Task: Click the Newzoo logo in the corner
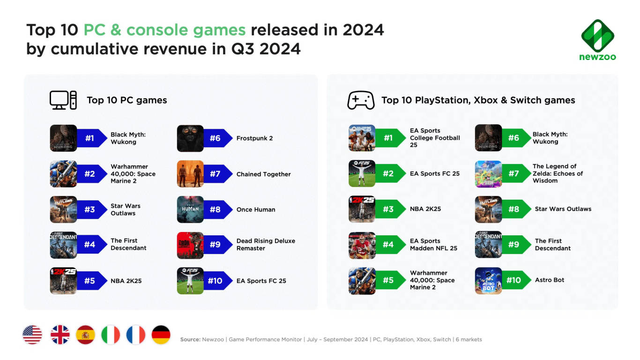(x=597, y=40)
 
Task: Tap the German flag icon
(x=161, y=335)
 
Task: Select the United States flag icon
(x=32, y=335)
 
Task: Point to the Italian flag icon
(x=111, y=335)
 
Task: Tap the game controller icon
(x=360, y=100)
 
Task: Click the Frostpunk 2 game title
(x=254, y=138)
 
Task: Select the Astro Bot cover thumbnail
(x=488, y=281)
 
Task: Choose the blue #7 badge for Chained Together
(x=216, y=174)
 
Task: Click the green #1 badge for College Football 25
(x=390, y=138)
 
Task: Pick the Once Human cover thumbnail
(x=190, y=210)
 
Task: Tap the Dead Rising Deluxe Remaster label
(x=266, y=244)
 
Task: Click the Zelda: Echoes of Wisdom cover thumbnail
(x=488, y=174)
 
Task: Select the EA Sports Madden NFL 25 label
(x=433, y=244)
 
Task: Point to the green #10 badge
(x=515, y=280)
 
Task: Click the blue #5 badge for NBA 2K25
(x=91, y=281)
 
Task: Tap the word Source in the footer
(x=190, y=339)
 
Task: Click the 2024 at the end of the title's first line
(x=363, y=30)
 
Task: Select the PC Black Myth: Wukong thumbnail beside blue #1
(x=63, y=138)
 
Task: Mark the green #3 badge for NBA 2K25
(x=390, y=209)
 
